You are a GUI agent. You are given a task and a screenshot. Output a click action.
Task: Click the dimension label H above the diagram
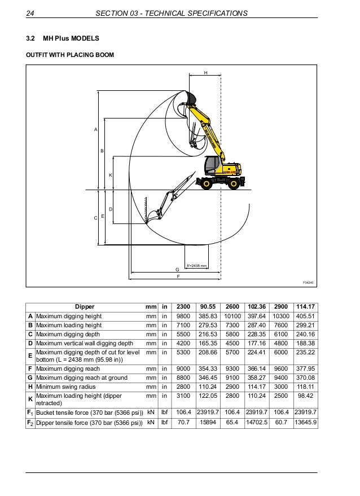click(205, 73)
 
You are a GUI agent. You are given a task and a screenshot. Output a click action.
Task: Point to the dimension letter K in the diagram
click(110, 175)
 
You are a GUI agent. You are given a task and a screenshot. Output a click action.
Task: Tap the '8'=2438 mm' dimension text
click(196, 266)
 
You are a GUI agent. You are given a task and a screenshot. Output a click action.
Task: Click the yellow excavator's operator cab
click(213, 165)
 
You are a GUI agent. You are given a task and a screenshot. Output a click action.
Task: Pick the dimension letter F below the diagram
click(178, 276)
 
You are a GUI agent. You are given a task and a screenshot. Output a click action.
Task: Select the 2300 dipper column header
click(183, 306)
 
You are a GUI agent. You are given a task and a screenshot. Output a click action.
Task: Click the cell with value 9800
click(183, 316)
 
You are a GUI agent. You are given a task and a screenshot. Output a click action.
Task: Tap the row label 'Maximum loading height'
click(69, 326)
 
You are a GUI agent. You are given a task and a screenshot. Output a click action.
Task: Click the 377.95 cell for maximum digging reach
click(305, 368)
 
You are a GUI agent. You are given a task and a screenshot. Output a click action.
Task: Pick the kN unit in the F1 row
click(151, 412)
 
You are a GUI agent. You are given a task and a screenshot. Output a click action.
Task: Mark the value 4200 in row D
click(183, 343)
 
